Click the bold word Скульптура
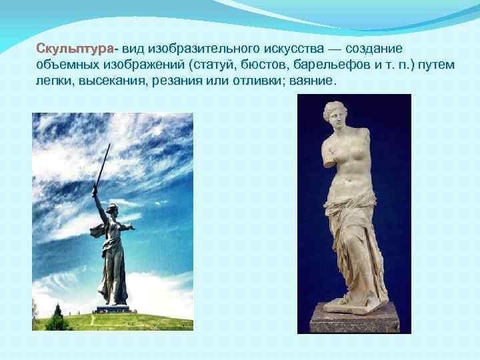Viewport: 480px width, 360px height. pyautogui.click(x=75, y=50)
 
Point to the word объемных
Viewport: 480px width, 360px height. pyautogui.click(x=63, y=65)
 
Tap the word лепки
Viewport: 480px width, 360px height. pyautogui.click(x=54, y=81)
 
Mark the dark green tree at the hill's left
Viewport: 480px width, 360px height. pyautogui.click(x=56, y=321)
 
